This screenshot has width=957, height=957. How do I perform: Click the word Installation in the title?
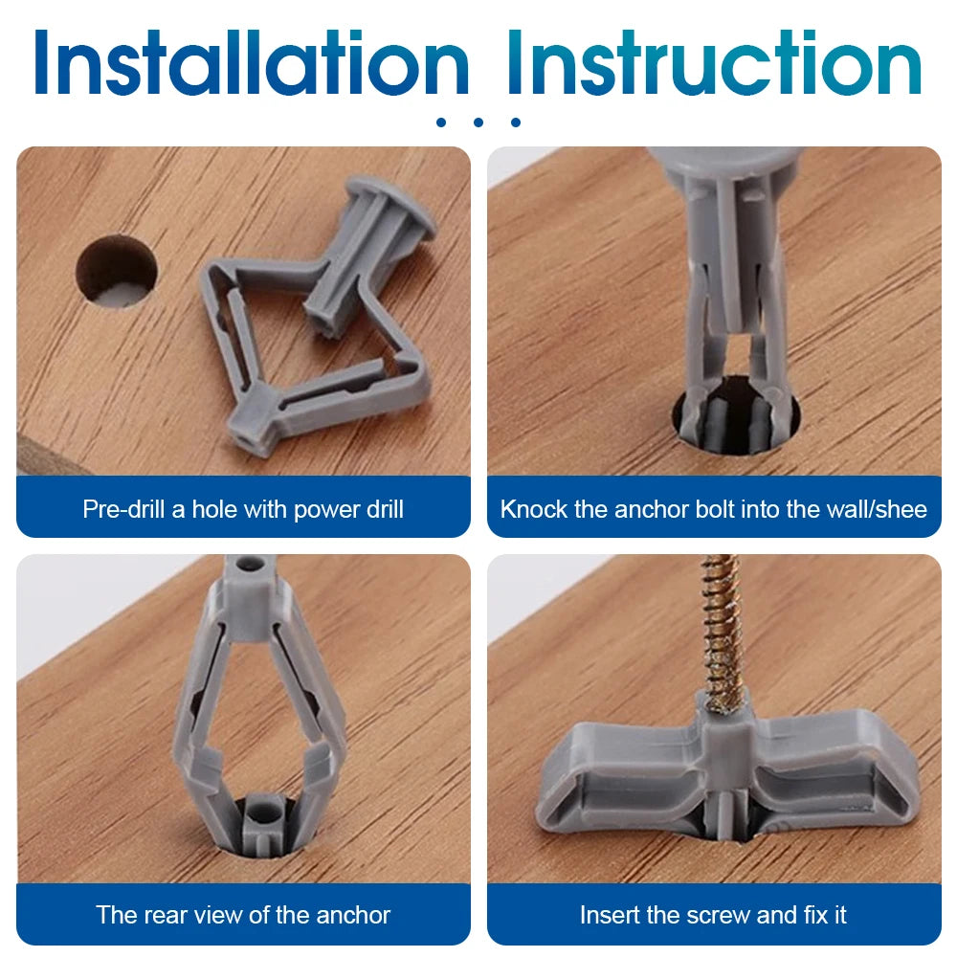[x=251, y=65]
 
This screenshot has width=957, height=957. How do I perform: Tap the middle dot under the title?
[x=478, y=122]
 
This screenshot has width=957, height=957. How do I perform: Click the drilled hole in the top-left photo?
[x=116, y=271]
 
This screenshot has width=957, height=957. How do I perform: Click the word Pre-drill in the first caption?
[x=123, y=508]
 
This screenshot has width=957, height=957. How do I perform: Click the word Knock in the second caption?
[x=533, y=508]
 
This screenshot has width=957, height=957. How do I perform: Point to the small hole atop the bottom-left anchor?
[x=250, y=567]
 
